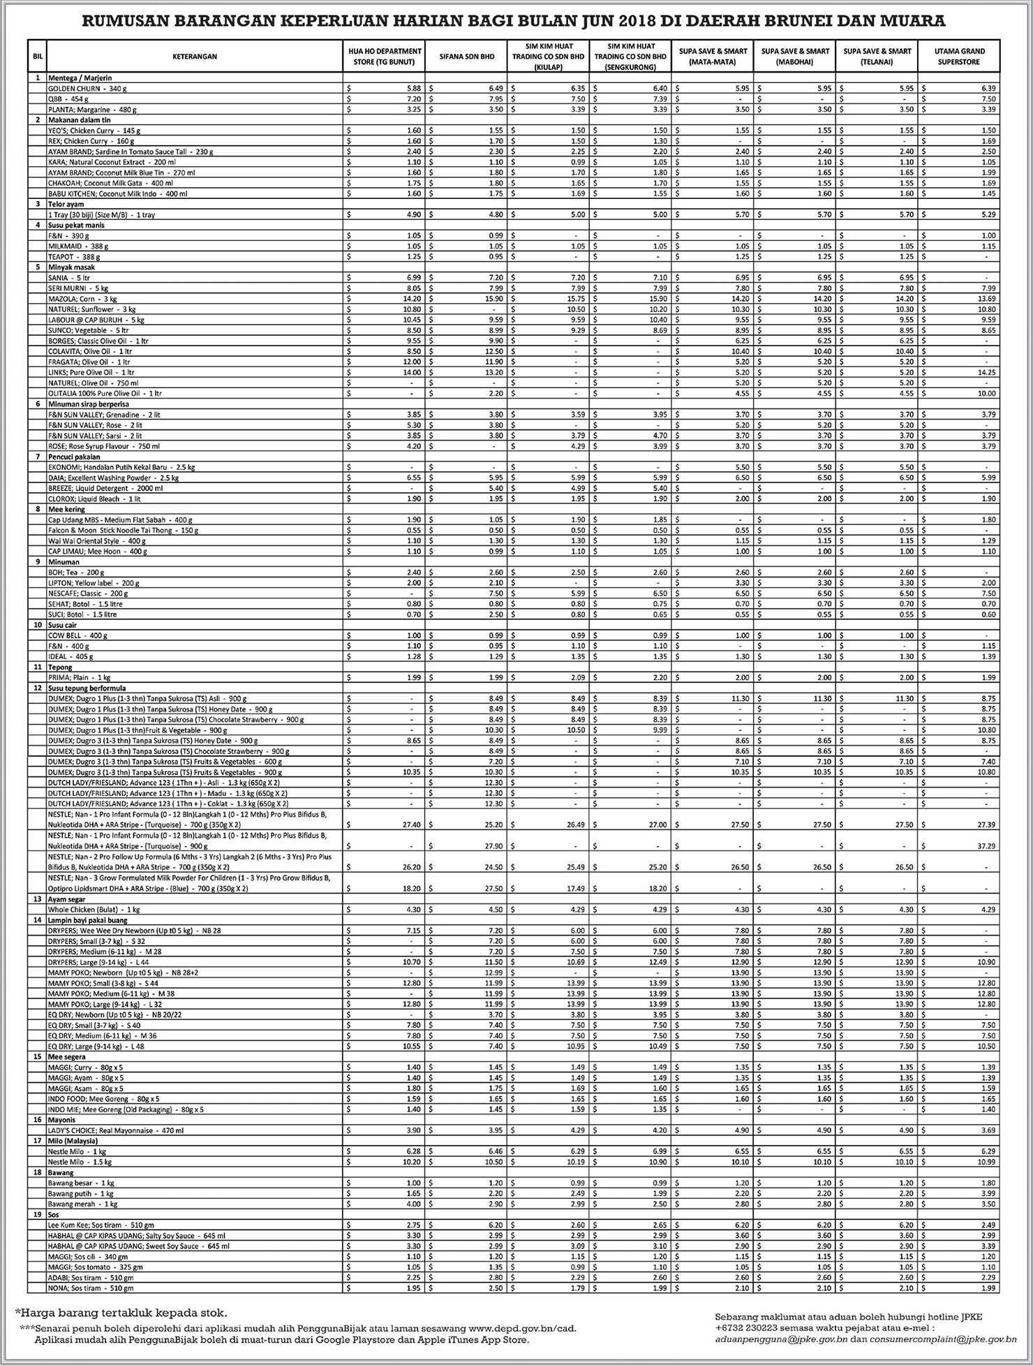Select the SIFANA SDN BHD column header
tap(466, 57)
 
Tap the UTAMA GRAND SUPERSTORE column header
tap(959, 57)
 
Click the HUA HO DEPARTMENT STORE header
tap(385, 57)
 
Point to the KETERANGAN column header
tap(195, 57)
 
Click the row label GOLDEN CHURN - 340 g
tap(87, 89)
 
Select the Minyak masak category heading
tap(70, 267)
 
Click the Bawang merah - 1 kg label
tap(82, 1204)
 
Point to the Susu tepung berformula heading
tap(87, 688)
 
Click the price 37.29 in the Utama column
tap(986, 846)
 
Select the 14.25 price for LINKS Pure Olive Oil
tap(986, 372)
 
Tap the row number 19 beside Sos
tap(37, 1214)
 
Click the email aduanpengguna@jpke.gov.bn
tap(774, 1340)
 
